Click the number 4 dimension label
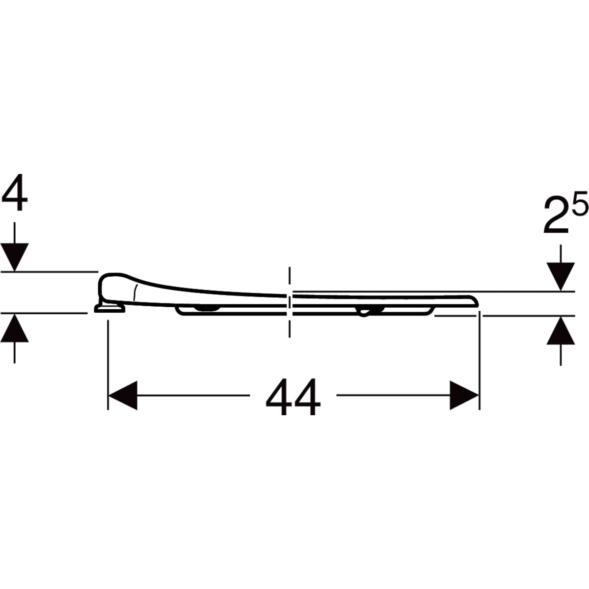[14, 192]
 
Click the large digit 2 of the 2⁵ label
[555, 215]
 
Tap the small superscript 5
[579, 202]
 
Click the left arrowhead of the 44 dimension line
[123, 395]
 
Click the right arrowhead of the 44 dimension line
[464, 395]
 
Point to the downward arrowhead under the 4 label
[14, 257]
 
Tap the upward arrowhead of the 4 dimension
[14, 328]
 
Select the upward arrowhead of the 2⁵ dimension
[561, 331]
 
